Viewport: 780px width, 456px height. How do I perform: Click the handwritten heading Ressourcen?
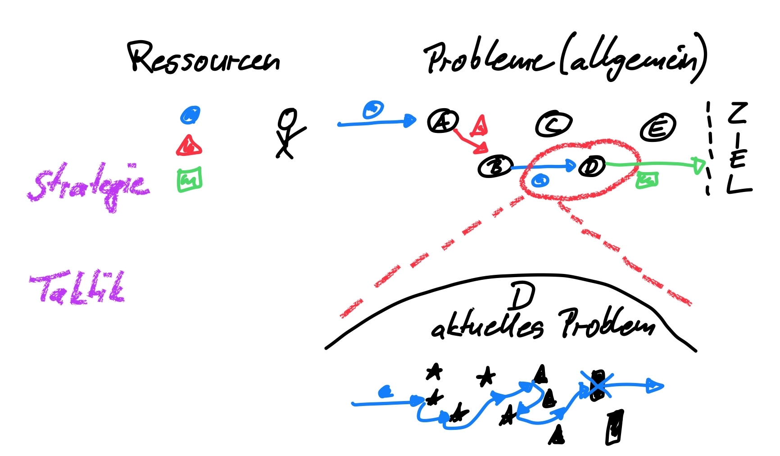click(x=204, y=59)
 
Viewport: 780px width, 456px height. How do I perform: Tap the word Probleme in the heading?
click(x=489, y=59)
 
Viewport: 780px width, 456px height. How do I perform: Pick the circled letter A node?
click(x=443, y=121)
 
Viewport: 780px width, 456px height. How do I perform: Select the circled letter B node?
click(x=495, y=167)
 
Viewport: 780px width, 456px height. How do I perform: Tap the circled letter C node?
click(x=553, y=123)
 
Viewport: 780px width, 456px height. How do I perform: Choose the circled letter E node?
click(x=658, y=128)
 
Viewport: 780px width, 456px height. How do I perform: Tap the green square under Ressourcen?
click(x=189, y=180)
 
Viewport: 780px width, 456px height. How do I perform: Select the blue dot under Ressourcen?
click(x=190, y=115)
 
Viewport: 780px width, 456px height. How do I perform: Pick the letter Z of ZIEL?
click(x=738, y=113)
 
